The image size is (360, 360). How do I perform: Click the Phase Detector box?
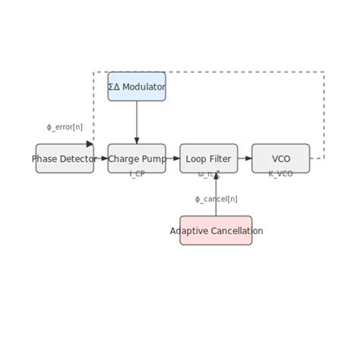point(65,159)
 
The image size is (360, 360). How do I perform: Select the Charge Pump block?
point(137,159)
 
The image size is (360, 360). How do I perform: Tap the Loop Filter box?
point(209,159)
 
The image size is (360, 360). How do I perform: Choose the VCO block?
point(281,159)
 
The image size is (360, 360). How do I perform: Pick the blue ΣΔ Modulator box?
point(137,87)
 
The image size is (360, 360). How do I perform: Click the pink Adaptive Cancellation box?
point(216,230)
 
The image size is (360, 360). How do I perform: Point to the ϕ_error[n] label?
point(65,127)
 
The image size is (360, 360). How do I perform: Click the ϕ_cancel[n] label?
point(216,199)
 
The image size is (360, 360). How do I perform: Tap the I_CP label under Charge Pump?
point(137,174)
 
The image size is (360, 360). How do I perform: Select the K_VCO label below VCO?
point(281,174)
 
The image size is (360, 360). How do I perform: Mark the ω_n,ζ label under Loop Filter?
point(207,174)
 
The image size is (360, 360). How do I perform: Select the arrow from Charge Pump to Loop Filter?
point(173,159)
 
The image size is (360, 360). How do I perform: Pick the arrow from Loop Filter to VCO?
point(245,159)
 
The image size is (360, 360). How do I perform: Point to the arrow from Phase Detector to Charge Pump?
point(101,159)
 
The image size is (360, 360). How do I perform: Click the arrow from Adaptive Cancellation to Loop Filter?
point(216,194)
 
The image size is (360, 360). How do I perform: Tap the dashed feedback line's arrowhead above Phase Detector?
point(90,144)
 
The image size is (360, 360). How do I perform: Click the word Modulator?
point(144,87)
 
